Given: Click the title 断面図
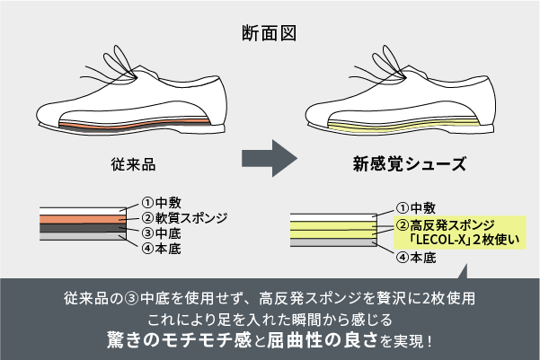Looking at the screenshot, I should pos(270,34).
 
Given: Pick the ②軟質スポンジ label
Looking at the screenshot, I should pos(185,216).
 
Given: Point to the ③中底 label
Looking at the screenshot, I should pos(162,232).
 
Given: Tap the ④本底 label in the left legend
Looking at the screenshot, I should pos(162,247).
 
